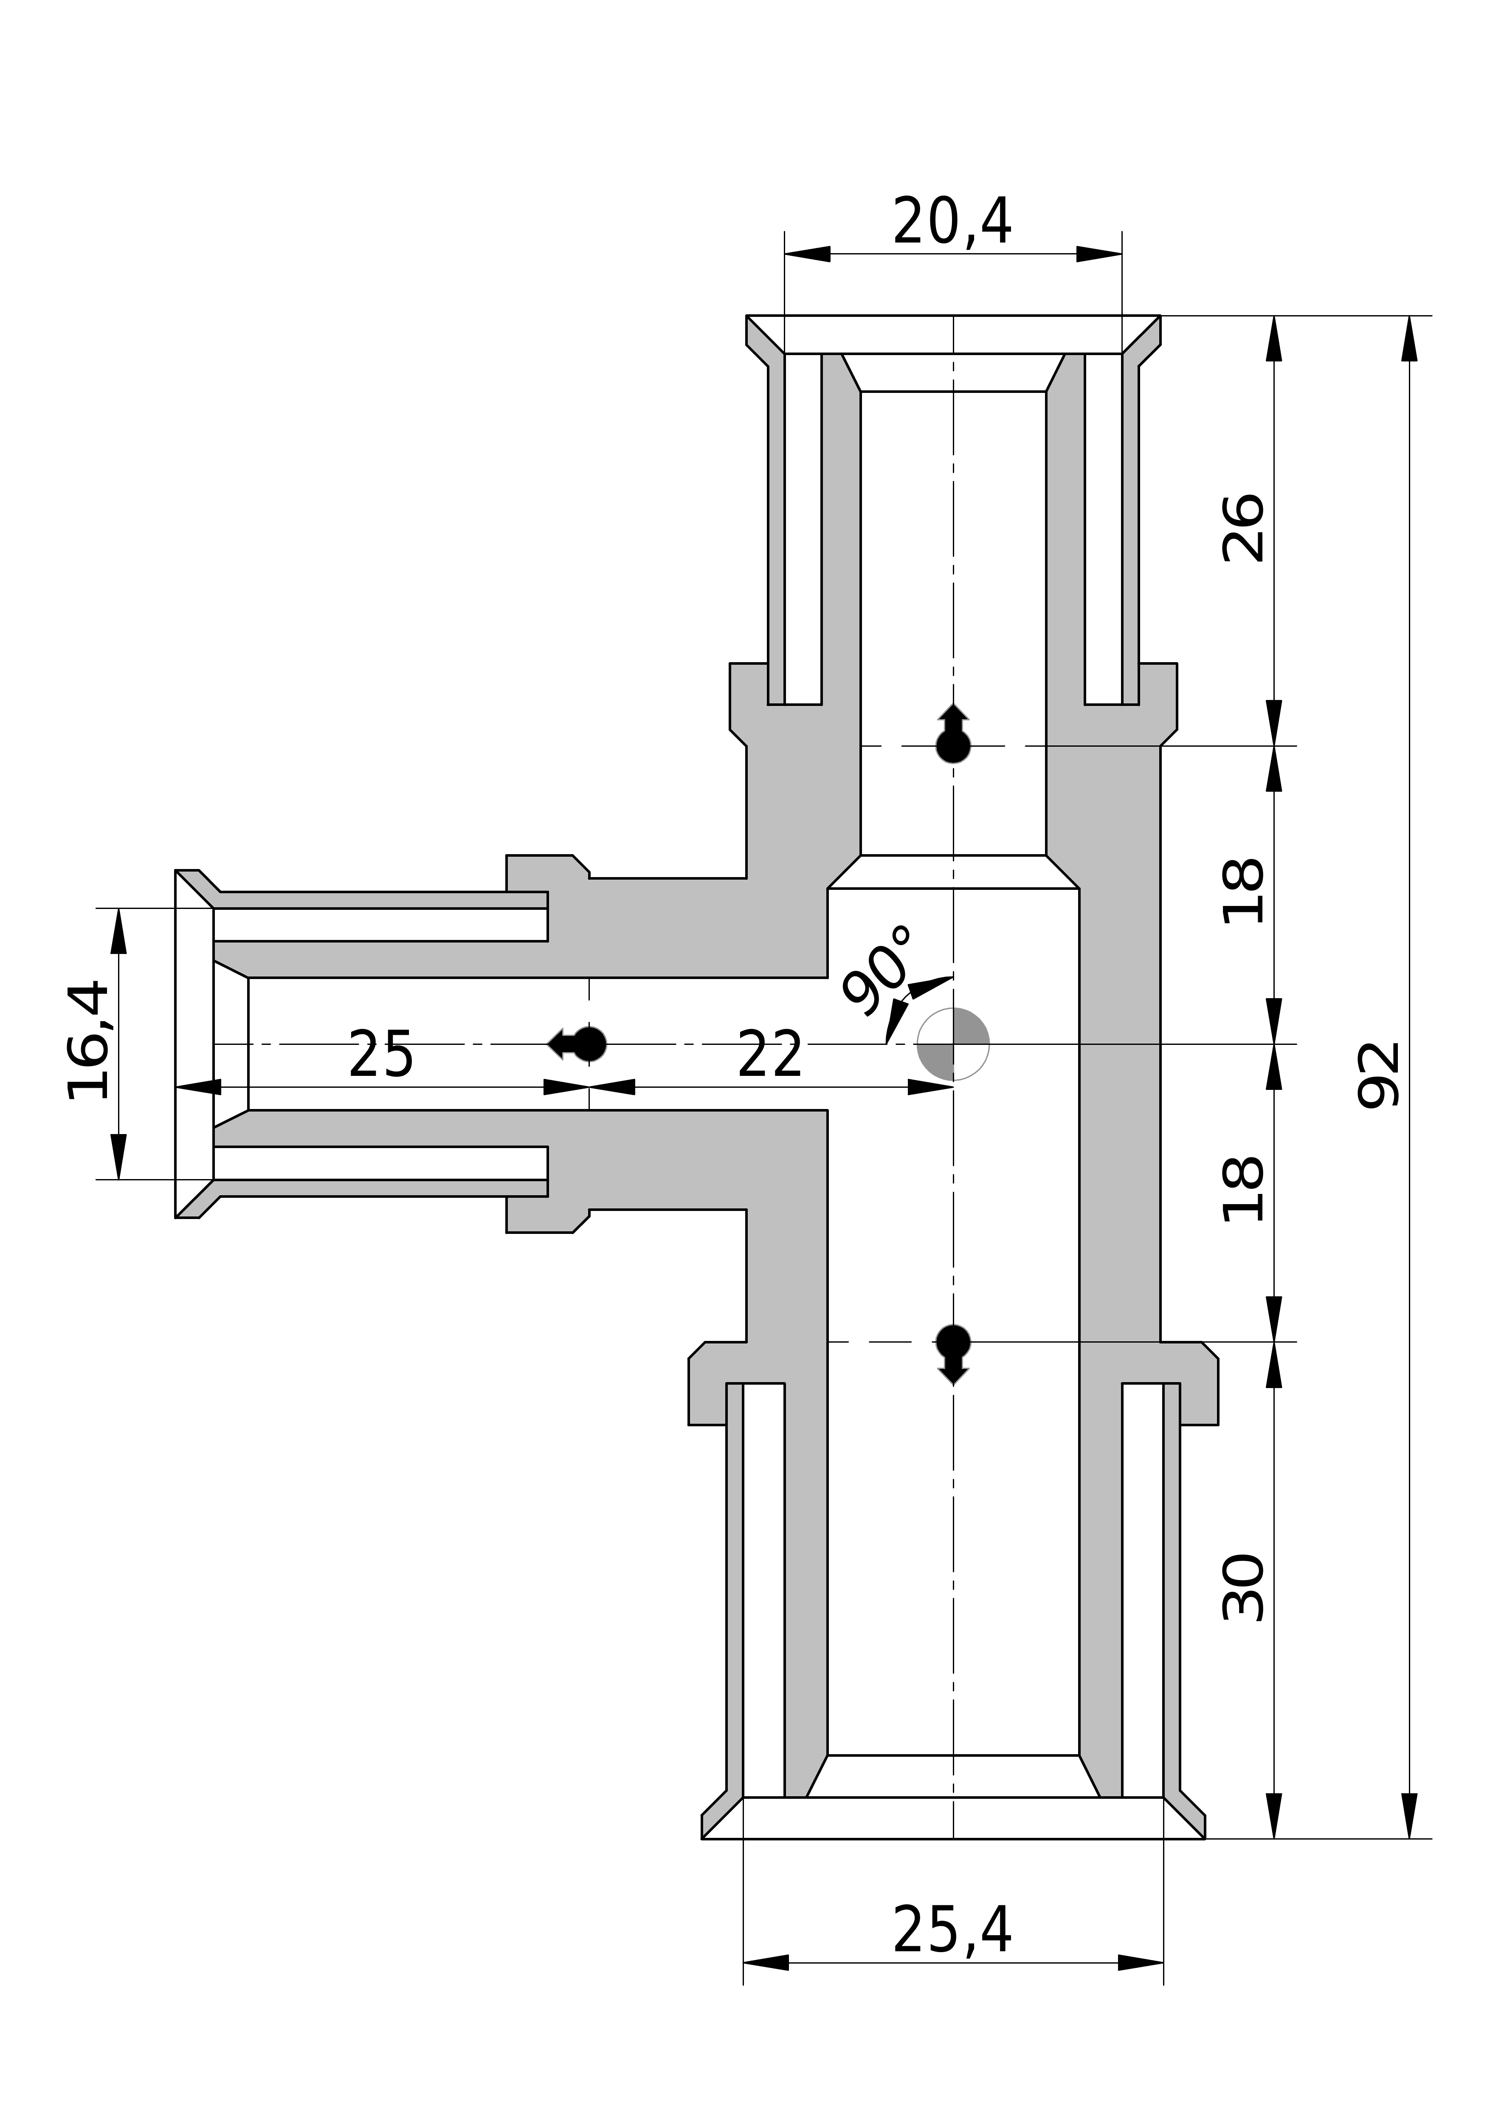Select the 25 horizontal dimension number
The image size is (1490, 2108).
click(x=381, y=1056)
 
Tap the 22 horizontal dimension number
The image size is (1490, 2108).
click(x=769, y=1056)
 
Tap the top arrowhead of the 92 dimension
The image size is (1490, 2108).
click(x=1409, y=338)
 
